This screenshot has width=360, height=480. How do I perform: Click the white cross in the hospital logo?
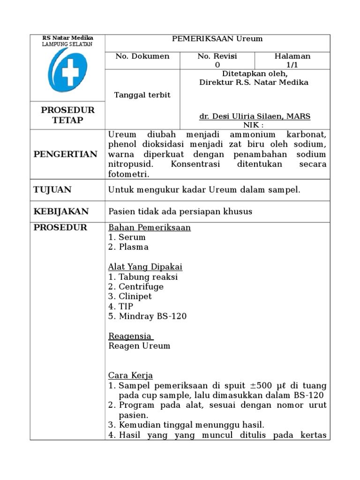pos(71,71)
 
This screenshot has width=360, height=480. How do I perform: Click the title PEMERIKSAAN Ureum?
pos(217,39)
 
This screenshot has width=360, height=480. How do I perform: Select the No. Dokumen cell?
pos(142,56)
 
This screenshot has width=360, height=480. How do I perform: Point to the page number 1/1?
pos(292,65)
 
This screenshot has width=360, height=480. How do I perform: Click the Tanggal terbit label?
pos(142,95)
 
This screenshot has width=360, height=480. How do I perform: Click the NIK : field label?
pos(254,125)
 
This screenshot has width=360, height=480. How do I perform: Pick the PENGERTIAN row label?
pos(66,154)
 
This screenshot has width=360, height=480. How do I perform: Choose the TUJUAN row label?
pos(52,190)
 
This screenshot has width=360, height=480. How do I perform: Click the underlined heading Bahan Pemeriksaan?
pos(150,228)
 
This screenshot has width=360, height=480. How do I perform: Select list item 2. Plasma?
pos(128,247)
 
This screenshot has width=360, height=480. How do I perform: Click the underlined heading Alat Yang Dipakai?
pos(145,267)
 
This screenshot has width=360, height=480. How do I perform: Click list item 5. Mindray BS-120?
pos(147,316)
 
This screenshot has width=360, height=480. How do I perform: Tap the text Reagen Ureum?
pos(139,346)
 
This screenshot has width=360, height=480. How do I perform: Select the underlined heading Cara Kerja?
pos(130,376)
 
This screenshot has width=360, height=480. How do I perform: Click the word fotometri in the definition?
pos(129,174)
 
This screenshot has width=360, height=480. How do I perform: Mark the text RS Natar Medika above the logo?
pos(67,38)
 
